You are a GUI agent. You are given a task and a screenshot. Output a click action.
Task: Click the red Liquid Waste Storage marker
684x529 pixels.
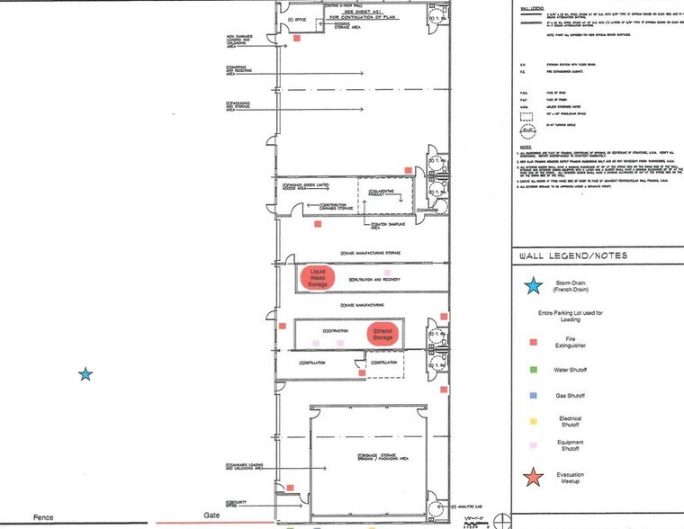pyautogui.click(x=317, y=277)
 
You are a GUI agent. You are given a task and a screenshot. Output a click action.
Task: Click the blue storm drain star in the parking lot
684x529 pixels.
pyautogui.click(x=85, y=373)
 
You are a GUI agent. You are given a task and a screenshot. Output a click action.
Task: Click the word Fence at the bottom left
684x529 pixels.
pyautogui.click(x=43, y=517)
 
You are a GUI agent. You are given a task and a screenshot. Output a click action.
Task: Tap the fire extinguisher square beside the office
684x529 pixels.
pyautogui.click(x=298, y=39)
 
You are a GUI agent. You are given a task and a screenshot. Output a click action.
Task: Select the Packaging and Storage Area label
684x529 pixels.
pyautogui.click(x=238, y=105)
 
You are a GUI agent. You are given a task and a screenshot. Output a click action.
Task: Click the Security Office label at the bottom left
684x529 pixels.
pyautogui.click(x=237, y=501)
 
